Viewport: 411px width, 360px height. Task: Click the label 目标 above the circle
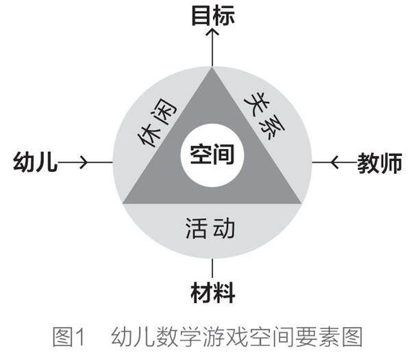[x=212, y=15]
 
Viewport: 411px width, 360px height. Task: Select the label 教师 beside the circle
[x=379, y=163]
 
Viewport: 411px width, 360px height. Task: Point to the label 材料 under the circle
[x=212, y=293]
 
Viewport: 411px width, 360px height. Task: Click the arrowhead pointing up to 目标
[x=212, y=33]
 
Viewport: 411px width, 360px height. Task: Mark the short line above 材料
[x=212, y=268]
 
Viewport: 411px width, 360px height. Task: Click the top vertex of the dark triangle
[x=212, y=68]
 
